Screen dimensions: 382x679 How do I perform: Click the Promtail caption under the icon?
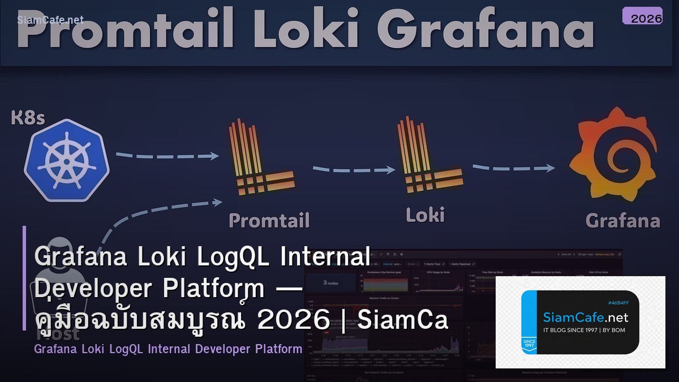pyautogui.click(x=269, y=220)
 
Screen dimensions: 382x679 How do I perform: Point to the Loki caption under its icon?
pyautogui.click(x=425, y=214)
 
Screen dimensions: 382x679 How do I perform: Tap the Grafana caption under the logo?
pyautogui.click(x=622, y=220)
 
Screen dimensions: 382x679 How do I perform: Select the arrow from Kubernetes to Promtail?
pyautogui.click(x=167, y=155)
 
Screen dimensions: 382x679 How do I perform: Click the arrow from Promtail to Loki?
pyautogui.click(x=354, y=169)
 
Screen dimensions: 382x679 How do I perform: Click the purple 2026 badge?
pyautogui.click(x=642, y=16)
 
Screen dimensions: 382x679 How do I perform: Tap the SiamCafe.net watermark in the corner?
pyautogui.click(x=50, y=20)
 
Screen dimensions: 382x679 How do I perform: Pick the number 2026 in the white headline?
pyautogui.click(x=293, y=320)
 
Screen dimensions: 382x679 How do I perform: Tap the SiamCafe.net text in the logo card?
pyautogui.click(x=586, y=317)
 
